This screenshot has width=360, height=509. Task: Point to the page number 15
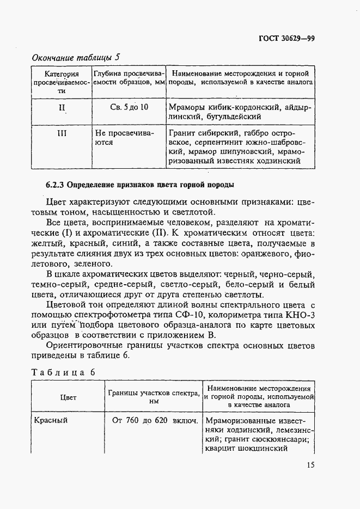[x=310, y=464]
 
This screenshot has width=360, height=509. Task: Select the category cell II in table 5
[x=62, y=107]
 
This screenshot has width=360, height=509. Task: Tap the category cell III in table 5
[x=62, y=132]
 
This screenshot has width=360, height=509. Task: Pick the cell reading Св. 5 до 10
[x=129, y=107]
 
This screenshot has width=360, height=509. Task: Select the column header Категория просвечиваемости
[x=62, y=82]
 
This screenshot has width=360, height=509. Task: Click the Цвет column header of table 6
[x=68, y=397]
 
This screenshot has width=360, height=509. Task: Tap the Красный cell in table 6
[x=51, y=421]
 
